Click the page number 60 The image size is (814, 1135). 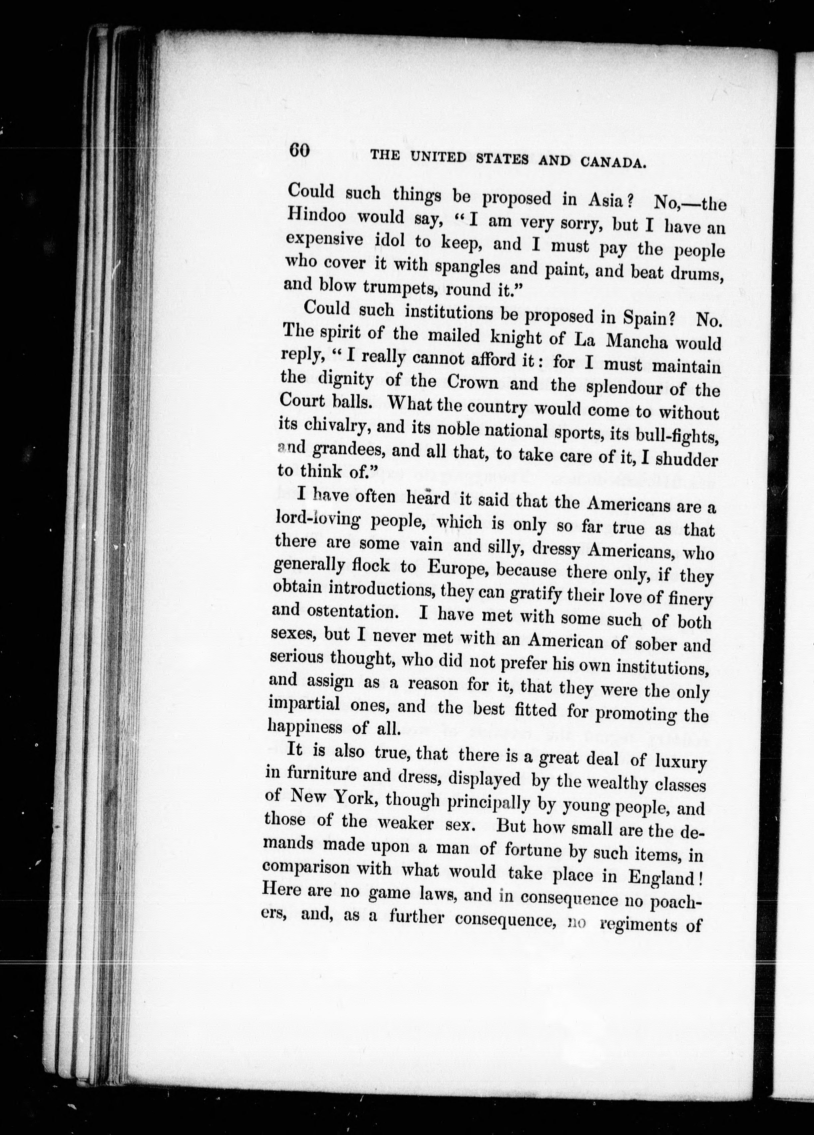[x=300, y=151]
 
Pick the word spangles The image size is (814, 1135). [x=468, y=267]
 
